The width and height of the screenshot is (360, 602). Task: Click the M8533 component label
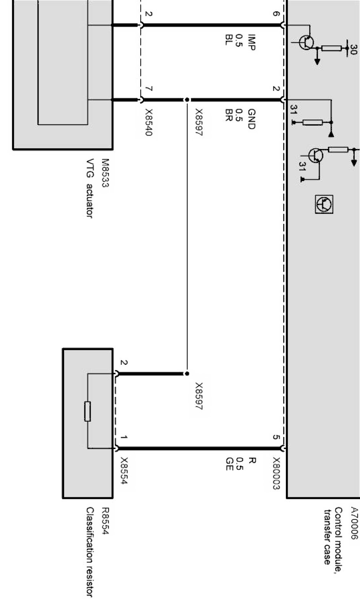(105, 173)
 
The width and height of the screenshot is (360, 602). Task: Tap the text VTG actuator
(90, 188)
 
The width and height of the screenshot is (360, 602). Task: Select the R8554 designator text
(105, 521)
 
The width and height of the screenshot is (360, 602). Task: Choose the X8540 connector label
(149, 122)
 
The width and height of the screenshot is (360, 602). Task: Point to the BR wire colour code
(229, 115)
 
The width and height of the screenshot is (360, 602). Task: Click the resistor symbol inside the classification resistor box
(88, 411)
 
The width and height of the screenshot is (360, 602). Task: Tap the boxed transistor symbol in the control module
(324, 204)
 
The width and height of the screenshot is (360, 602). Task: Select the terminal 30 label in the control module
(354, 50)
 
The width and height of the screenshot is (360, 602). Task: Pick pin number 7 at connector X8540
(149, 89)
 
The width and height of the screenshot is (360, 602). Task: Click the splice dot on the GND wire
(187, 100)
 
